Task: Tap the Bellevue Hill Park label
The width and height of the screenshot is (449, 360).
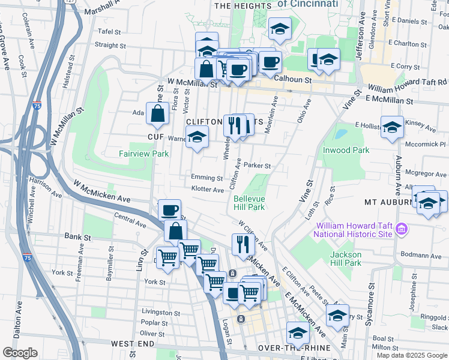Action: (249, 203)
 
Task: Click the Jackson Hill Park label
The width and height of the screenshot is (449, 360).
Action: (346, 259)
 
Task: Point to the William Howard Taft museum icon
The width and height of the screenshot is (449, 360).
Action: (402, 229)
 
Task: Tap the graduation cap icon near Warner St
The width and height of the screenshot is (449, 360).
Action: (197, 138)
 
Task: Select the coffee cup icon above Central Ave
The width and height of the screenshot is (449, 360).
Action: (169, 210)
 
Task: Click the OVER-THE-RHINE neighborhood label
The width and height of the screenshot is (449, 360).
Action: (291, 348)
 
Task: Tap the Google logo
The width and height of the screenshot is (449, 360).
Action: (20, 353)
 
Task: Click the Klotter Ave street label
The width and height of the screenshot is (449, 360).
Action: (208, 190)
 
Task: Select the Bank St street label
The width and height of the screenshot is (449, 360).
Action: (77, 237)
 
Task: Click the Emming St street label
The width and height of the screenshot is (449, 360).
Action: (207, 178)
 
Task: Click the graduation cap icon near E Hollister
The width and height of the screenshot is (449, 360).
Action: (392, 127)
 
